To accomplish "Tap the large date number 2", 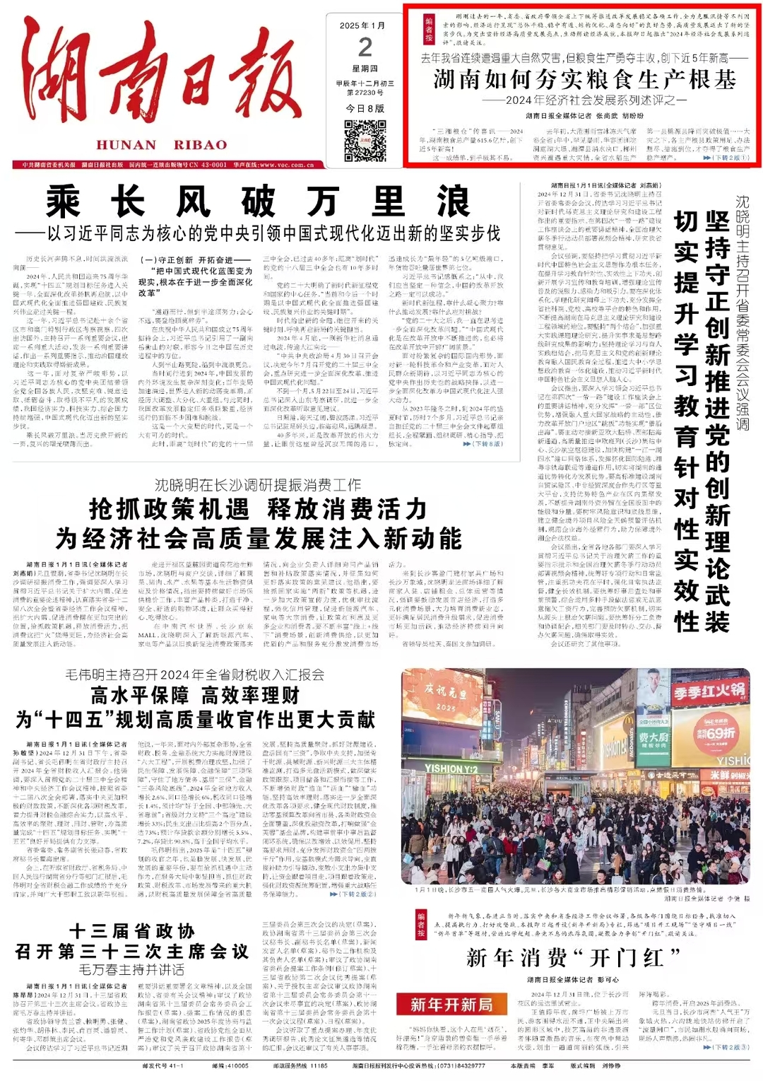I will coord(365,47).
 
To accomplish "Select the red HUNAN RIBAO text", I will coord(162,145).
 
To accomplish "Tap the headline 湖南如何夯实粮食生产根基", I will coord(585,80).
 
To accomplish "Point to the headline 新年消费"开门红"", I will coord(573,958).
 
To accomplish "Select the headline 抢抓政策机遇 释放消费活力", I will coord(258,509).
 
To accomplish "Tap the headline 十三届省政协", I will coord(132,930).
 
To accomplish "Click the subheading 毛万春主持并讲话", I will coord(132,969).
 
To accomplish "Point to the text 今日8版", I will coord(365,108).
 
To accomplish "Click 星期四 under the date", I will coord(365,69).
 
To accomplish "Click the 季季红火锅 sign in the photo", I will coord(709,689).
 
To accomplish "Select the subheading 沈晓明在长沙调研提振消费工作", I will coord(258,485).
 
